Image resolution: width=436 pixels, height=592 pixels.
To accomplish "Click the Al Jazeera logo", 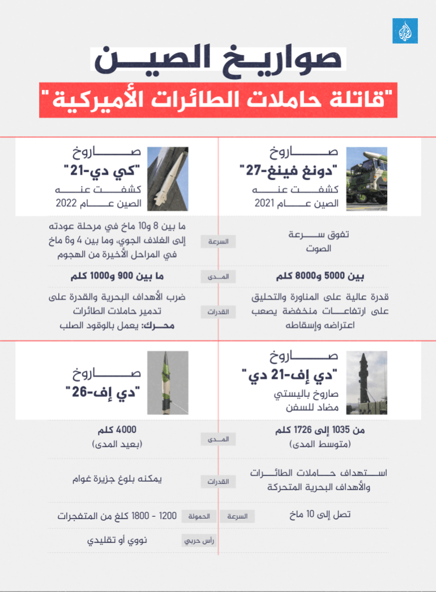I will [405, 31].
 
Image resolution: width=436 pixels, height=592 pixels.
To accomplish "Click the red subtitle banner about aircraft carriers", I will [218, 101].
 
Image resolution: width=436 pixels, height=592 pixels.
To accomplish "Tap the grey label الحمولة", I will [199, 516].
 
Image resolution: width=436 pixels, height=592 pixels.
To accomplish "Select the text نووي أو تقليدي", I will [117, 541].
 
